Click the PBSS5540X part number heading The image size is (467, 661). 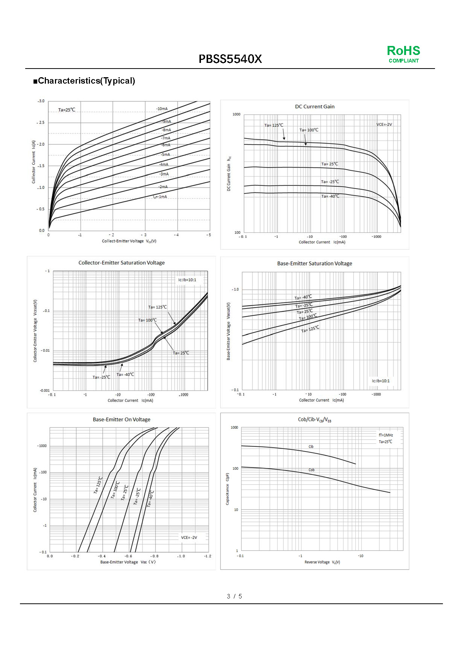coord(230,59)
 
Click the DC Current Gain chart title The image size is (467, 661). coord(315,107)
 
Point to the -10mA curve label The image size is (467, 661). coord(162,109)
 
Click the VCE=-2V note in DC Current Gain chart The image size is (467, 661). coord(384,125)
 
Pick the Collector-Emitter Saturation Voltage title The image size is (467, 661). coord(121,263)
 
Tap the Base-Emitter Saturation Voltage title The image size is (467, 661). coord(315,264)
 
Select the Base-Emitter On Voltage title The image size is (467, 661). coord(121,420)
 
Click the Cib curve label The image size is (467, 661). coord(311,447)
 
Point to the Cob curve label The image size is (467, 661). coord(311,470)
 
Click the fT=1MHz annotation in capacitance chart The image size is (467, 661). coord(386,435)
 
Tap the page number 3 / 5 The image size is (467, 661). coord(234,596)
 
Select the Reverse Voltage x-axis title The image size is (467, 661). coord(322,562)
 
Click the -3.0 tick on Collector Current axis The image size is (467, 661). coord(41,101)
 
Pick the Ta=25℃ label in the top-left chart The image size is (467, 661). coord(67,110)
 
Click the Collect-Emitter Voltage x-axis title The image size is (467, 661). coord(129,241)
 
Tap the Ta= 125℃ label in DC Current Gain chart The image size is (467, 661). coord(274,125)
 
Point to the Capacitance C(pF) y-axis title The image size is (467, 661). coord(227,489)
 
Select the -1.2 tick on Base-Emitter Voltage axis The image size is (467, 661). coord(207,556)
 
